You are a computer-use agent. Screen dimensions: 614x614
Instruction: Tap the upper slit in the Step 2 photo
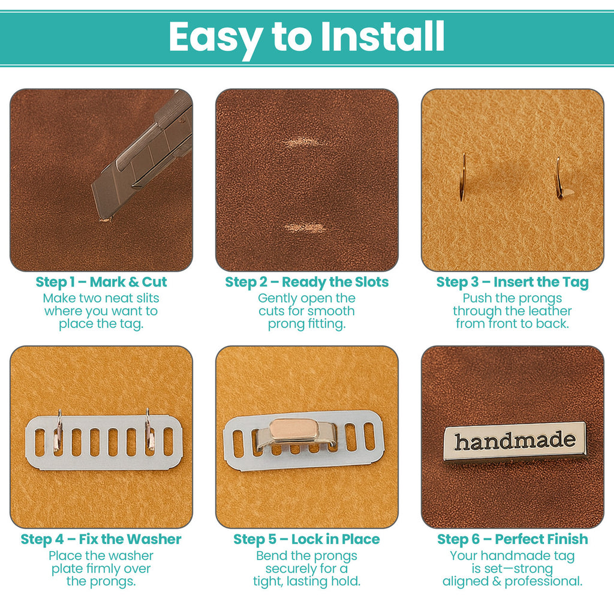pos(305,143)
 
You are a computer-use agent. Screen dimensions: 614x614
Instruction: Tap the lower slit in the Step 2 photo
pos(305,228)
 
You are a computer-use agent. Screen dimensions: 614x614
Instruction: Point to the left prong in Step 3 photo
pos(462,177)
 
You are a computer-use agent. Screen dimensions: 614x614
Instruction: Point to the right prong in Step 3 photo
pos(559,179)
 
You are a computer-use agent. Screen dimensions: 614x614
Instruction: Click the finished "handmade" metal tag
pos(514,442)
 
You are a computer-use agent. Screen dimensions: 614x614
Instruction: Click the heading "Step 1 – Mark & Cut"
pos(101,282)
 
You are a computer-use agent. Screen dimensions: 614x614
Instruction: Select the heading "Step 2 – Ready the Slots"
pos(307,282)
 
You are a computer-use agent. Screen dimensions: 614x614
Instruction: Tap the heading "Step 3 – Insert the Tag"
pos(513,282)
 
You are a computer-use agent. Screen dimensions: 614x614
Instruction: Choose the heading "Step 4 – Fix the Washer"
pos(101,539)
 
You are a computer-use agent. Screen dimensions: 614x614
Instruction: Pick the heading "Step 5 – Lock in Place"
pos(307,539)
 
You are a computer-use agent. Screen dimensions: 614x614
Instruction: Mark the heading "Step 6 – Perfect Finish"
pos(513,539)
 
